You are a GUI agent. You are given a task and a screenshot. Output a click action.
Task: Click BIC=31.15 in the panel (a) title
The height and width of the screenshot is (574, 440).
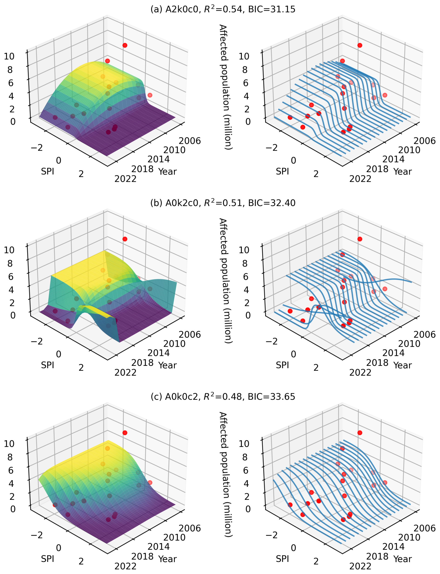272,10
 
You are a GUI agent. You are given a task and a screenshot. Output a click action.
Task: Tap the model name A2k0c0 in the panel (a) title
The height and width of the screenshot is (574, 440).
182,10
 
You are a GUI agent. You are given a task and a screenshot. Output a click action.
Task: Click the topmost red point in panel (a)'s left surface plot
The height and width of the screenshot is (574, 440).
125,45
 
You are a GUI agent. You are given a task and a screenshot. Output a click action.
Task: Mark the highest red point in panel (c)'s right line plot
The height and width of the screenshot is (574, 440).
360,433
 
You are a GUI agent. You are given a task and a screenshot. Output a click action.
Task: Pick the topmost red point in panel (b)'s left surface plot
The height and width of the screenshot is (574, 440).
125,239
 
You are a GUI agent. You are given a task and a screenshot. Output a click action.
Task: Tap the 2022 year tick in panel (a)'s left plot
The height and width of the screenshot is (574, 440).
125,179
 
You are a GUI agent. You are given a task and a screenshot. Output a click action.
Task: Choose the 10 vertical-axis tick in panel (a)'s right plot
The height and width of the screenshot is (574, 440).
244,56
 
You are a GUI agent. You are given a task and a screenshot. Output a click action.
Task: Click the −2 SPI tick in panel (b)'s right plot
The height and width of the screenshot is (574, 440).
271,341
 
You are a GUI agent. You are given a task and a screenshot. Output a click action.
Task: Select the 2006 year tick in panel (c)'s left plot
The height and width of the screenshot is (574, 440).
190,528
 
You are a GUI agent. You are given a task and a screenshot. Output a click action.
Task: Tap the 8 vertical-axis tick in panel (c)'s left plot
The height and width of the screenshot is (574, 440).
10,457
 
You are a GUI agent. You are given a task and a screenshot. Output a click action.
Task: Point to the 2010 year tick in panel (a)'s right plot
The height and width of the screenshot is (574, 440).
409,150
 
